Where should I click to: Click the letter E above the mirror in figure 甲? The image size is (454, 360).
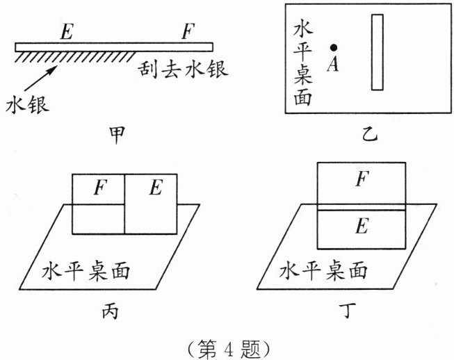(x=67, y=31)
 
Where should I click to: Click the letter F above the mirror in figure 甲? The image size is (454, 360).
(x=188, y=31)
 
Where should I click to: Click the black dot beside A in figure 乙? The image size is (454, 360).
(x=334, y=47)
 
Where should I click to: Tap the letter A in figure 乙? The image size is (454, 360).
(x=332, y=63)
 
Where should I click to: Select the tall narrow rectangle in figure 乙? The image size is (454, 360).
(x=377, y=52)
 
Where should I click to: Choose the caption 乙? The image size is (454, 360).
(x=369, y=133)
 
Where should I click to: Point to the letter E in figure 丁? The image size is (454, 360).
(x=361, y=227)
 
